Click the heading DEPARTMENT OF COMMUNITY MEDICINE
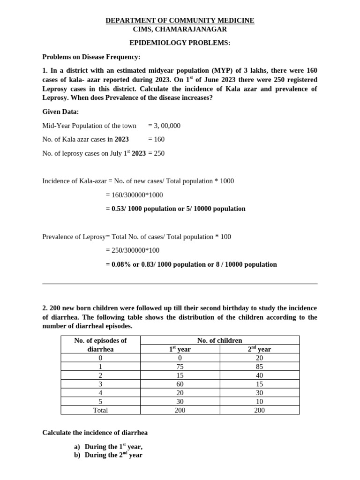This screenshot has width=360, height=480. pos(180,21)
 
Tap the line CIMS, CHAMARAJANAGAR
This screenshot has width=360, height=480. pos(180,30)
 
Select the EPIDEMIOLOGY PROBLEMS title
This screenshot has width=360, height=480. pos(180,43)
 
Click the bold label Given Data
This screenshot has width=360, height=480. pos(61,112)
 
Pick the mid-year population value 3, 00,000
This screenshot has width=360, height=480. pos(164,126)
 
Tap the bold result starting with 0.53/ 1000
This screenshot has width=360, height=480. pos(175,209)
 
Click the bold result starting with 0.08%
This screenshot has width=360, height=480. pos(191,264)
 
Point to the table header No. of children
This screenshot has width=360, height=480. pos(220,340)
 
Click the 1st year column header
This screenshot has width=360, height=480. pos(180,349)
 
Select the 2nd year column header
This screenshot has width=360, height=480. pos(259,349)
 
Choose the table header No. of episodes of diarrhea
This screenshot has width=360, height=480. pos(100,345)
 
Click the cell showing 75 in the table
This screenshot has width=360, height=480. pos(180,367)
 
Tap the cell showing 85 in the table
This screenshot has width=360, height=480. pos(259,367)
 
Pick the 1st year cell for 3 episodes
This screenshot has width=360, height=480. pos(180,384)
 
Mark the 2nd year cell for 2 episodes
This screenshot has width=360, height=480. pos(259,375)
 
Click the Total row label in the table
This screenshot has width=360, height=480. pos(100,410)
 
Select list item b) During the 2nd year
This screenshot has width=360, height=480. pos(108,455)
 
